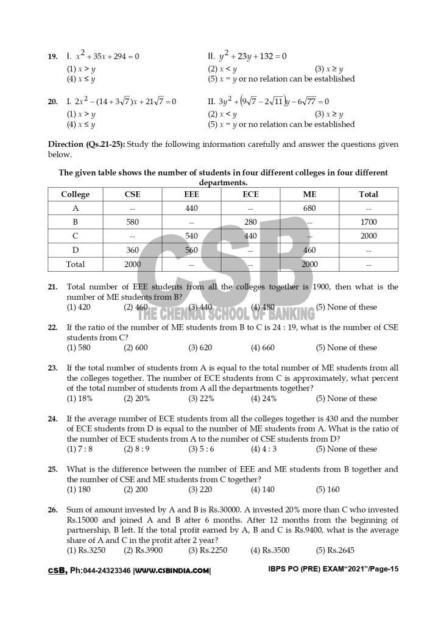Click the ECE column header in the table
(250, 194)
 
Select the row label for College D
(76, 250)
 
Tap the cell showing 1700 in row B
(369, 222)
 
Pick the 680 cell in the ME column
(309, 208)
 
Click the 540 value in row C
(191, 236)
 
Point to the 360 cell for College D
(133, 250)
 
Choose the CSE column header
(133, 194)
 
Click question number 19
(52, 57)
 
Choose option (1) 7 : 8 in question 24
(80, 449)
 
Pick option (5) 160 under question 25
(328, 489)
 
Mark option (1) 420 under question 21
(79, 307)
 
